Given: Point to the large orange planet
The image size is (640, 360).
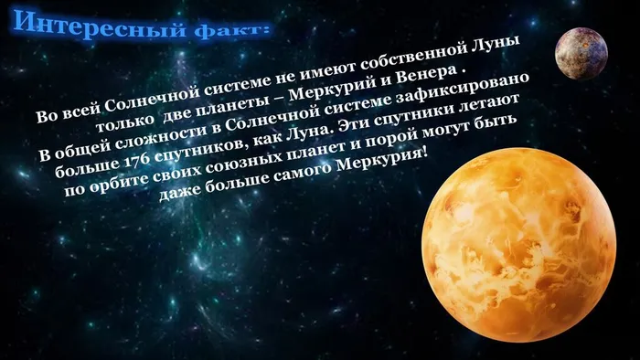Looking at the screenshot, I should coord(525,247).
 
